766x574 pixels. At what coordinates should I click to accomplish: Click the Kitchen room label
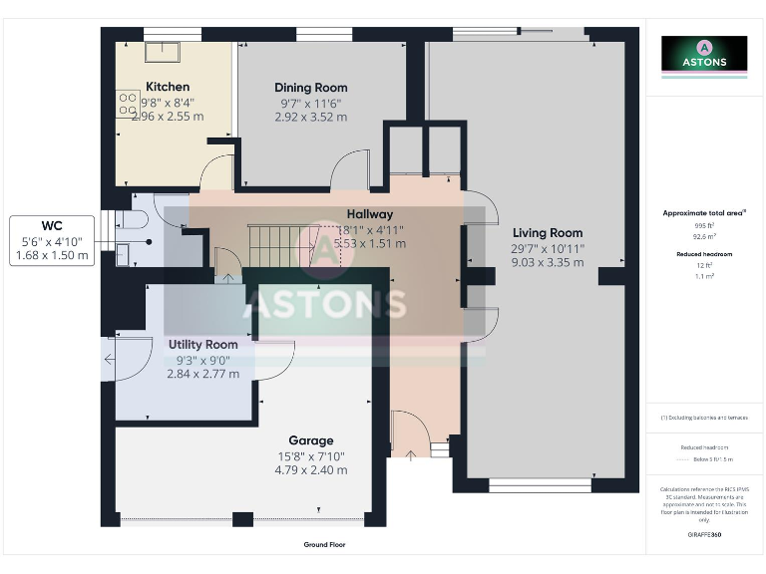[x=167, y=87]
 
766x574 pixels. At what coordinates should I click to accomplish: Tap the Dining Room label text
[x=310, y=88]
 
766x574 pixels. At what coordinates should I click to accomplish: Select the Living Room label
[x=547, y=233]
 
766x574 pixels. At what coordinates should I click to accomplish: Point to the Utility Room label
[x=202, y=344]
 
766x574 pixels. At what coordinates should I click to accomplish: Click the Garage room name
[x=310, y=440]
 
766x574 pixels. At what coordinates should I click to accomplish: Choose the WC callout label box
[x=52, y=240]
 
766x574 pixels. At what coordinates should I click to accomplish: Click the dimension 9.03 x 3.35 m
[x=547, y=263]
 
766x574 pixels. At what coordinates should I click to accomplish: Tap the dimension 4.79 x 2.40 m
[x=310, y=470]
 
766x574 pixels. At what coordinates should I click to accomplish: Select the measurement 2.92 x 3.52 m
[x=310, y=117]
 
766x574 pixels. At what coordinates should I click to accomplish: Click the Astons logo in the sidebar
[x=704, y=55]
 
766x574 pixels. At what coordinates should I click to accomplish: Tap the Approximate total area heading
[x=704, y=213]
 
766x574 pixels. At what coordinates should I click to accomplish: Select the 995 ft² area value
[x=704, y=226]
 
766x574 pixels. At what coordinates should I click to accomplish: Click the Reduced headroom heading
[x=704, y=254]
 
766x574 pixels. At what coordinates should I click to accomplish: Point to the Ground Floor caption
[x=324, y=545]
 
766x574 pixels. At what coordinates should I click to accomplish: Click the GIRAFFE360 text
[x=704, y=535]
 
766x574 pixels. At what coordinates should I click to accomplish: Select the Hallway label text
[x=369, y=214]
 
